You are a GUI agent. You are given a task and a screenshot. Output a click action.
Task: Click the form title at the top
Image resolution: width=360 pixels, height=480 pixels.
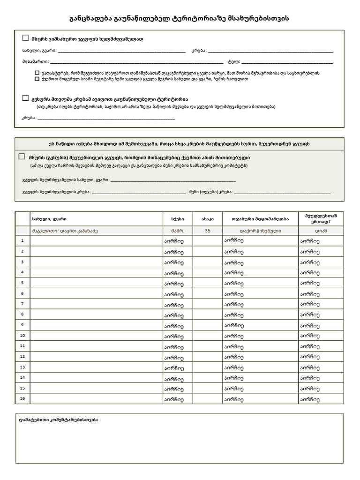pyautogui.click(x=180, y=18)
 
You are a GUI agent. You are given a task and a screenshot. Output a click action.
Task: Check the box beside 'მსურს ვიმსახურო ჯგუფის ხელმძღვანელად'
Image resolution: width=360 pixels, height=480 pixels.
pyautogui.click(x=25, y=37)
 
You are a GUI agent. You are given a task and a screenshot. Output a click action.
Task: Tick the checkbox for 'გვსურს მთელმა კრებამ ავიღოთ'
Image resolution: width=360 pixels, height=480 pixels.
pyautogui.click(x=25, y=98)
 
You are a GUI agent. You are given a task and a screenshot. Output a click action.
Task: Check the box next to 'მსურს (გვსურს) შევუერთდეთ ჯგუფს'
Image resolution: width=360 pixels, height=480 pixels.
pyautogui.click(x=22, y=157)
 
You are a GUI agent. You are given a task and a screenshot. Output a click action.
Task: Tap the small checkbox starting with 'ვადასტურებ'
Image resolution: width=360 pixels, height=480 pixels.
pyautogui.click(x=37, y=73)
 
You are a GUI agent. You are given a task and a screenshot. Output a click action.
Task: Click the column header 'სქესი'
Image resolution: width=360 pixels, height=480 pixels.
pyautogui.click(x=178, y=219)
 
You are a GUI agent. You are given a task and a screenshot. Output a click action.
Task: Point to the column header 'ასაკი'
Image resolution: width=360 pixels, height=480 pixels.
pyautogui.click(x=208, y=219)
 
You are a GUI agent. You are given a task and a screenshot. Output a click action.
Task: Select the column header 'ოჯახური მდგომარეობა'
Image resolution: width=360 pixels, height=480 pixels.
pyautogui.click(x=260, y=219)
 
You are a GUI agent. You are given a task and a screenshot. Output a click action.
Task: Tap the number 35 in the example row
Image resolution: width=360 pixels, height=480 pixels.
pyautogui.click(x=208, y=231)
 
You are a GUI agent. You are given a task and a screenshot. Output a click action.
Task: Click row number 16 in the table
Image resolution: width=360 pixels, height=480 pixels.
pyautogui.click(x=22, y=398)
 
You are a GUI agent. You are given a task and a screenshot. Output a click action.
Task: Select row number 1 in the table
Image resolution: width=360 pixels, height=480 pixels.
pyautogui.click(x=22, y=240)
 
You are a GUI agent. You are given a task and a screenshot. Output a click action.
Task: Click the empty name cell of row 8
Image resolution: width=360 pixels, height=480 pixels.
pyautogui.click(x=96, y=314)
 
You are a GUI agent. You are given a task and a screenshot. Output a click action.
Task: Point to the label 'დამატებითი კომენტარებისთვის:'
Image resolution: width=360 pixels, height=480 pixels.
pyautogui.click(x=59, y=420)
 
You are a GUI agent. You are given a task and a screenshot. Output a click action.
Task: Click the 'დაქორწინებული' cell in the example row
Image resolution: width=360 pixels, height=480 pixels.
pyautogui.click(x=260, y=231)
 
